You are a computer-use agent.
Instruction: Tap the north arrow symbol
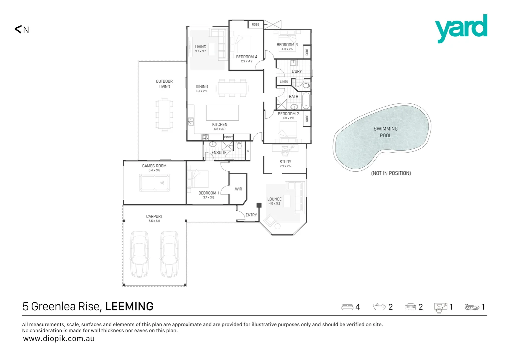pos(18,29)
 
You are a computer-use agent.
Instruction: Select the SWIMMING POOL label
pos(386,132)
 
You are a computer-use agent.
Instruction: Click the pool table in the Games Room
pos(154,183)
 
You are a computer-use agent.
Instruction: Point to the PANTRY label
pos(228,137)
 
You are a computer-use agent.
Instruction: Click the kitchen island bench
pos(223,112)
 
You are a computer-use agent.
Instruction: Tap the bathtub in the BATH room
pos(306,101)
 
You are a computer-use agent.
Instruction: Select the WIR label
pos(239,189)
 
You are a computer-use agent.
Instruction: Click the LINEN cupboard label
pos(284,81)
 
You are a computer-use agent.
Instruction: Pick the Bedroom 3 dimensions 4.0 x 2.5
pos(287,49)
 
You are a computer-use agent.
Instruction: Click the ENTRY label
pos(251,215)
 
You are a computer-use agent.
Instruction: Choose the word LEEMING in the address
pos(129,306)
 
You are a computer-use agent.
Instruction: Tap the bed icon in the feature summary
pos(347,307)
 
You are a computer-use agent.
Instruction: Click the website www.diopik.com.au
pos(59,339)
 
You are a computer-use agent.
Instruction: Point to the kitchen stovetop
pos(205,137)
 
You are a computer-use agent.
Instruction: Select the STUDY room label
pos(285,161)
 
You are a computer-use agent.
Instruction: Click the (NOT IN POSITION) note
pos(391,173)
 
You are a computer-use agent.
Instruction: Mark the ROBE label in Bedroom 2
pos(307,118)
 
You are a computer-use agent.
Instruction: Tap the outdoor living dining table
pos(164,114)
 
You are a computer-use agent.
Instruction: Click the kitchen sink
pos(191,122)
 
